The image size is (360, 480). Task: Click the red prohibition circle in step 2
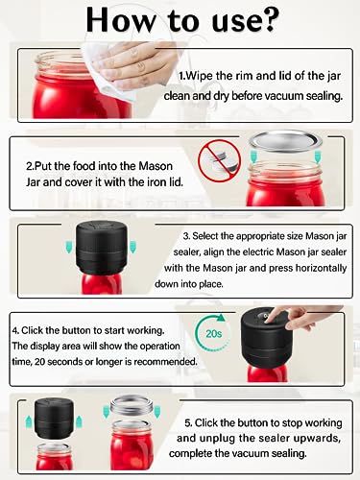[x=220, y=161]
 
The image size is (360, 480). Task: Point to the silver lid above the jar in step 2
[x=286, y=141]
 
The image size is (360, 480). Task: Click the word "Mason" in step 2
[x=156, y=166]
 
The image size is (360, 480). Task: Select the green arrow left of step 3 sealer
[x=69, y=248]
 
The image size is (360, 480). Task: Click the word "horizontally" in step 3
[x=321, y=268]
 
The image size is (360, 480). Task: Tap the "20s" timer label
[x=214, y=334]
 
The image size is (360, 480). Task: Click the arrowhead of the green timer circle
[x=221, y=318]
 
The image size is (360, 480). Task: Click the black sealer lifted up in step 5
[x=54, y=419]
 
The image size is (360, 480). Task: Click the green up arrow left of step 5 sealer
[x=29, y=421]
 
